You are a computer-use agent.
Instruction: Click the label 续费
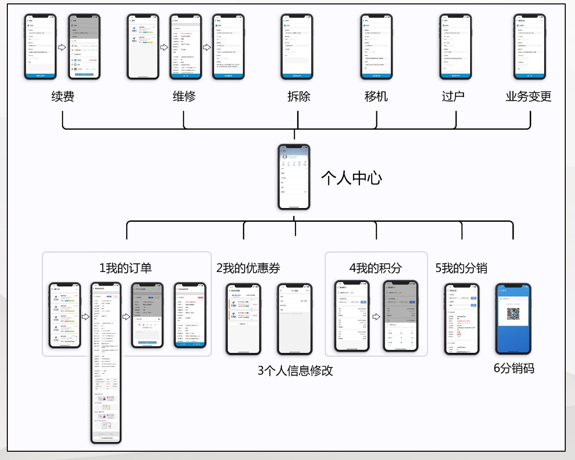(63, 96)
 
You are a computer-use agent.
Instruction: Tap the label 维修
(184, 96)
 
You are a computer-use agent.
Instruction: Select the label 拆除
(298, 96)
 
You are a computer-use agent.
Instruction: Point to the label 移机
(376, 96)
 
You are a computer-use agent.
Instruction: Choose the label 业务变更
(528, 96)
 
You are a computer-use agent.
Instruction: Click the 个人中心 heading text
(351, 177)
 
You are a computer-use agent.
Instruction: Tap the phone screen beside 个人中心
(294, 177)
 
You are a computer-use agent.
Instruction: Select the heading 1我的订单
(125, 268)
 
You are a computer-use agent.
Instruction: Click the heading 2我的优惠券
(248, 268)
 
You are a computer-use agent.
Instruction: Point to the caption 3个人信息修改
(295, 370)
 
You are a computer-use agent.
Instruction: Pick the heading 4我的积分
(376, 268)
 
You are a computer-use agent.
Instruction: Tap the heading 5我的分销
(461, 268)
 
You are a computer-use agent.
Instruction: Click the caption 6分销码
(514, 368)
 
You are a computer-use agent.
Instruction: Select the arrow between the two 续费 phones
(62, 47)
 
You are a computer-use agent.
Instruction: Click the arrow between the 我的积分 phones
(376, 316)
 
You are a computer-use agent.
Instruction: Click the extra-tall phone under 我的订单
(106, 363)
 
